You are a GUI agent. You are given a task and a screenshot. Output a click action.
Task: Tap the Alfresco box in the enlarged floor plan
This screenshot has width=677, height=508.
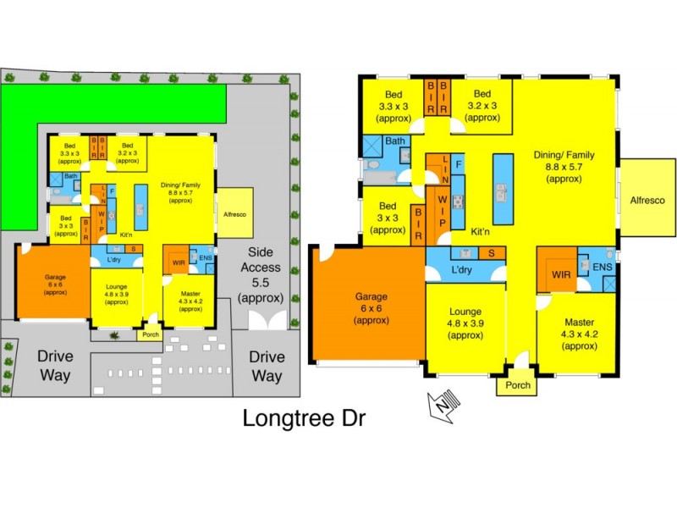[647, 200]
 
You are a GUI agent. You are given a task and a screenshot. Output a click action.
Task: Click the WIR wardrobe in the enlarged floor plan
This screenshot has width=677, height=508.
[561, 274]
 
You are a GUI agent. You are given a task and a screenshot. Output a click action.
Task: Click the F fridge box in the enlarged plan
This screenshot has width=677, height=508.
[458, 163]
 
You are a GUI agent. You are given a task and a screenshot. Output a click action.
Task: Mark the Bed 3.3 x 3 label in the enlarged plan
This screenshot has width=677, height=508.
[393, 106]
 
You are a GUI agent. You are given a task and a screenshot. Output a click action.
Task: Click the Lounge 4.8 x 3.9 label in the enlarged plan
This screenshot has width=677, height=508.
[465, 322]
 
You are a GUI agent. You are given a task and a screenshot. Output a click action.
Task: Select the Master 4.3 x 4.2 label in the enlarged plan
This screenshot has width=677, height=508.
[576, 333]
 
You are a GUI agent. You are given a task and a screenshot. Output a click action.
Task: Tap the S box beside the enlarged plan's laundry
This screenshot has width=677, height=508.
[492, 253]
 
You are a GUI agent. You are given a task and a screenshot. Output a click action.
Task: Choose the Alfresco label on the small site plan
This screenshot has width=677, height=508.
[234, 215]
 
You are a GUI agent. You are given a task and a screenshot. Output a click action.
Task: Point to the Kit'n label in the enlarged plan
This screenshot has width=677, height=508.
[482, 230]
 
